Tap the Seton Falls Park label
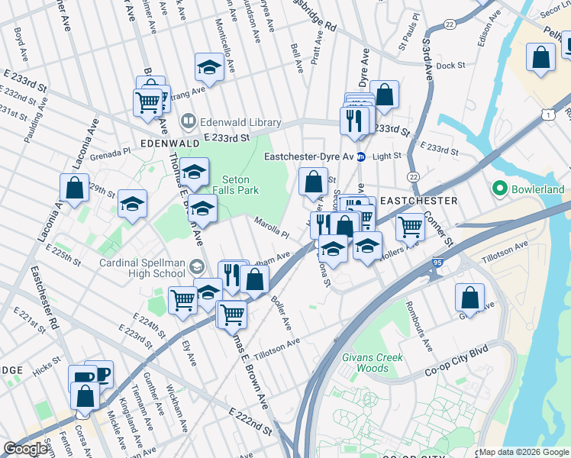coord(234,184)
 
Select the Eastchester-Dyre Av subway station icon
coord(361,156)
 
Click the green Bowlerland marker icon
coord(500,189)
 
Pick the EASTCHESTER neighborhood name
coord(418,201)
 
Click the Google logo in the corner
coord(26,449)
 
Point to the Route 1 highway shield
coord(547,114)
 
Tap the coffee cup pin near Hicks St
coord(99,374)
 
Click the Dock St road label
coord(451,66)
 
